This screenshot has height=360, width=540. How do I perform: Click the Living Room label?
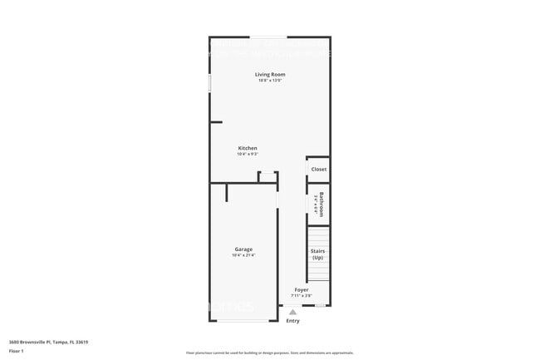pyautogui.click(x=269, y=75)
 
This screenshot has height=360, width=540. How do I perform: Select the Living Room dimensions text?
pyautogui.click(x=269, y=81)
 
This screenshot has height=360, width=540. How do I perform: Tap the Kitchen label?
pyautogui.click(x=248, y=148)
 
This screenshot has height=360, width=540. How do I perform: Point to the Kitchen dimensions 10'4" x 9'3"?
pyautogui.click(x=248, y=154)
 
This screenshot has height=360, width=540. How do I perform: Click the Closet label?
pyautogui.click(x=319, y=169)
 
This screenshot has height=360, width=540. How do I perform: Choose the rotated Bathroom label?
pyautogui.click(x=321, y=204)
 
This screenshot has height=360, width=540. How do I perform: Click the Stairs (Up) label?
pyautogui.click(x=318, y=254)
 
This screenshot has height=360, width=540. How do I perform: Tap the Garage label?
pyautogui.click(x=243, y=249)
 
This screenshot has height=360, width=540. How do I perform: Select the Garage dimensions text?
pyautogui.click(x=243, y=255)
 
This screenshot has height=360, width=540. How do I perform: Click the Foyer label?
pyautogui.click(x=302, y=289)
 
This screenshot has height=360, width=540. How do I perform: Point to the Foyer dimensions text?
pyautogui.click(x=302, y=295)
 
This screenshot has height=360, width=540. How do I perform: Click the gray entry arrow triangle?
pyautogui.click(x=292, y=313)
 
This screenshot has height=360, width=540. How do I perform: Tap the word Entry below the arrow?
pyautogui.click(x=292, y=321)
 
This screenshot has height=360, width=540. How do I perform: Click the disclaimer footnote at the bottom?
pyautogui.click(x=269, y=353)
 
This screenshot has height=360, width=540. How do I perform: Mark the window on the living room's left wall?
pyautogui.click(x=209, y=84)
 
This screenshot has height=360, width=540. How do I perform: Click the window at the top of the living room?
pyautogui.click(x=269, y=37)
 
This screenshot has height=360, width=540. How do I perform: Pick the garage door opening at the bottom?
pyautogui.click(x=243, y=321)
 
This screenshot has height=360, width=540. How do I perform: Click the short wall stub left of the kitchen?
pyautogui.click(x=216, y=122)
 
